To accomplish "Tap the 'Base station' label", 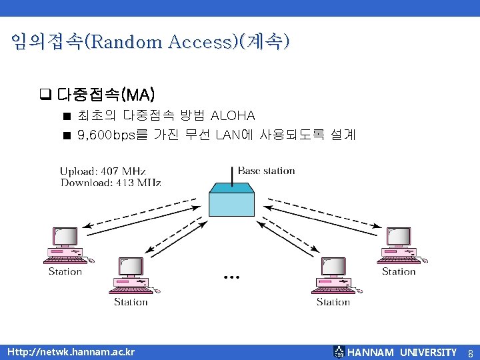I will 266,171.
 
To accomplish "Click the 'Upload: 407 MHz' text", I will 103,171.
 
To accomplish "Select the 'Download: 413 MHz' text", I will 111,182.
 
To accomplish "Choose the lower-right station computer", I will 333,276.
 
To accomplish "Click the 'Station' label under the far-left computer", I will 65,271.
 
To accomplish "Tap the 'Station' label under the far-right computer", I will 399,271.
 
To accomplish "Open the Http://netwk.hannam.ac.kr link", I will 70,352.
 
